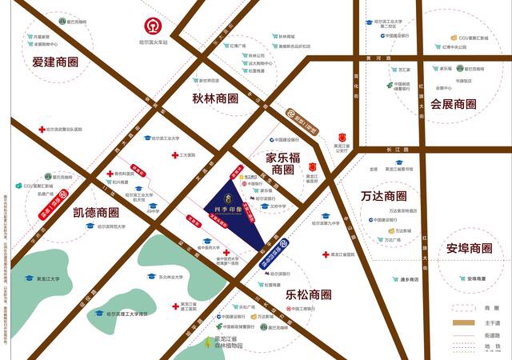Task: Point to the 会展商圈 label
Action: tap(454, 104)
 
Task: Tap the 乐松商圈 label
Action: tap(308, 294)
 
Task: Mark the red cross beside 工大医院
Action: tap(174, 155)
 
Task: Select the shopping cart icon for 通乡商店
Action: tap(395, 279)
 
